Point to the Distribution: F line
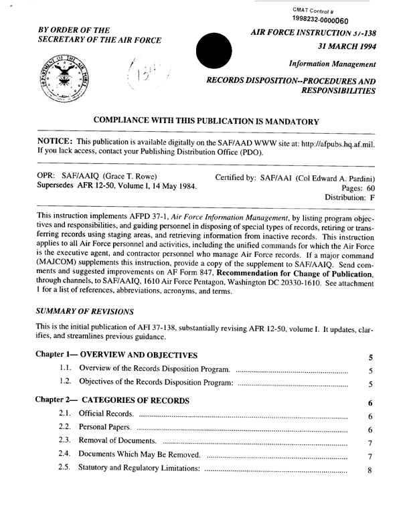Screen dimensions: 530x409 click(x=349, y=199)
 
